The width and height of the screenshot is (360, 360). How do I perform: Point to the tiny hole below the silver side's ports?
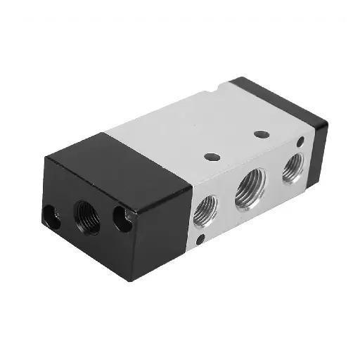[x=201, y=241]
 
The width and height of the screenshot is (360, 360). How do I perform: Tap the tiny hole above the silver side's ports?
[x=301, y=143]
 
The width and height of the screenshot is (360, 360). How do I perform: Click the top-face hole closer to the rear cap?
[x=262, y=134]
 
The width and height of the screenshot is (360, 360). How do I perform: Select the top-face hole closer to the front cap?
[x=210, y=155]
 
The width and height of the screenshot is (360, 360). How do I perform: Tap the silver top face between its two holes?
[x=236, y=144]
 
